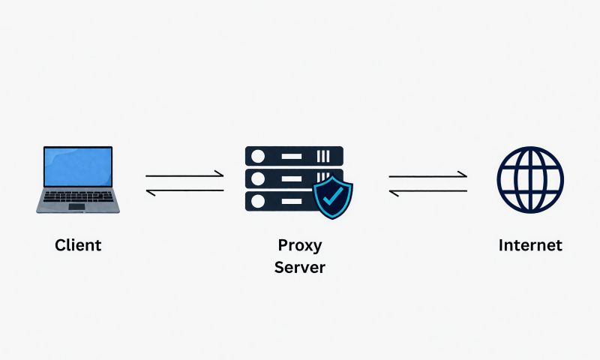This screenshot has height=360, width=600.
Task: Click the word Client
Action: (x=78, y=245)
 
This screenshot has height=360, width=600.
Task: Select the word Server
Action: (x=299, y=267)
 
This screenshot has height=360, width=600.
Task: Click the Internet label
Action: (x=530, y=245)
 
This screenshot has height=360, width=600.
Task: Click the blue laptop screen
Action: (x=78, y=166)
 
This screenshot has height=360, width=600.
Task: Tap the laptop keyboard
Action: (x=79, y=196)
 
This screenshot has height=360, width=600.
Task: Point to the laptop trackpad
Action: (x=77, y=206)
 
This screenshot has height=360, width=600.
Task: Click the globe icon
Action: (x=530, y=179)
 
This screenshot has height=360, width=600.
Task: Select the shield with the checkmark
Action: (x=333, y=197)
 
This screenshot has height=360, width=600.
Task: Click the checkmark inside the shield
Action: (x=332, y=196)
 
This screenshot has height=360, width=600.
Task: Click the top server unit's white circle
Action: (x=258, y=156)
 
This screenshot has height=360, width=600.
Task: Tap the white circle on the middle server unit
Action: (x=258, y=178)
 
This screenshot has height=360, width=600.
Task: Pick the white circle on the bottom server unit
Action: (x=258, y=201)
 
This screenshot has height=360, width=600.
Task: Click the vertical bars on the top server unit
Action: (x=323, y=156)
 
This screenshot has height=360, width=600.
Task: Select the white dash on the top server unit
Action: (x=292, y=156)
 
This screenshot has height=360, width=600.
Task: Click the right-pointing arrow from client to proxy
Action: (x=184, y=175)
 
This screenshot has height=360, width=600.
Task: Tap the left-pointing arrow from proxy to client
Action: (x=184, y=191)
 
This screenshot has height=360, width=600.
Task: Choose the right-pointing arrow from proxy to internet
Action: (x=427, y=175)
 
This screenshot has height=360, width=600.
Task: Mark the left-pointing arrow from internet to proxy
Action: (x=428, y=192)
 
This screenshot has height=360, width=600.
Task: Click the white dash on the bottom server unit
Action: (x=292, y=201)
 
